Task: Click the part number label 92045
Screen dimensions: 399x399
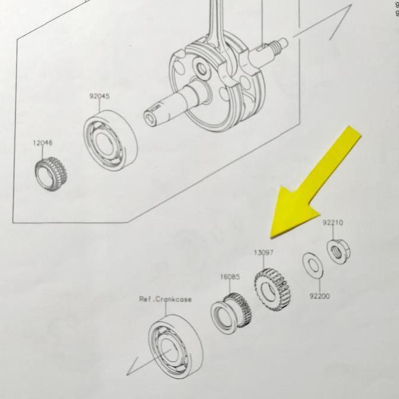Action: [x=100, y=96]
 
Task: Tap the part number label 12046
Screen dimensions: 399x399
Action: [x=43, y=142]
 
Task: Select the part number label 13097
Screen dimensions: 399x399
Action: [x=264, y=252]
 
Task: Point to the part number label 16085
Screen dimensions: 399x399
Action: [x=230, y=277]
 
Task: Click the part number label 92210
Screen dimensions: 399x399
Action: [x=333, y=223]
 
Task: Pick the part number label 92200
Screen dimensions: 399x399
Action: [x=319, y=296]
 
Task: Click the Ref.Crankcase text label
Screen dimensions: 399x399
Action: [x=165, y=299]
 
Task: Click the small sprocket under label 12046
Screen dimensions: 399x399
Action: [x=50, y=174]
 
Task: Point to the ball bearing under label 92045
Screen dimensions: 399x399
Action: [x=110, y=141]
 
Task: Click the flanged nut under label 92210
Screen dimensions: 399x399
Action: [x=338, y=251]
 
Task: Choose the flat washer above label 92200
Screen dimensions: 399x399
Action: [x=313, y=265]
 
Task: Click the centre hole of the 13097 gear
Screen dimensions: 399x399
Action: [x=267, y=290]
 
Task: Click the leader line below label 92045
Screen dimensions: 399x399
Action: [x=100, y=106]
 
